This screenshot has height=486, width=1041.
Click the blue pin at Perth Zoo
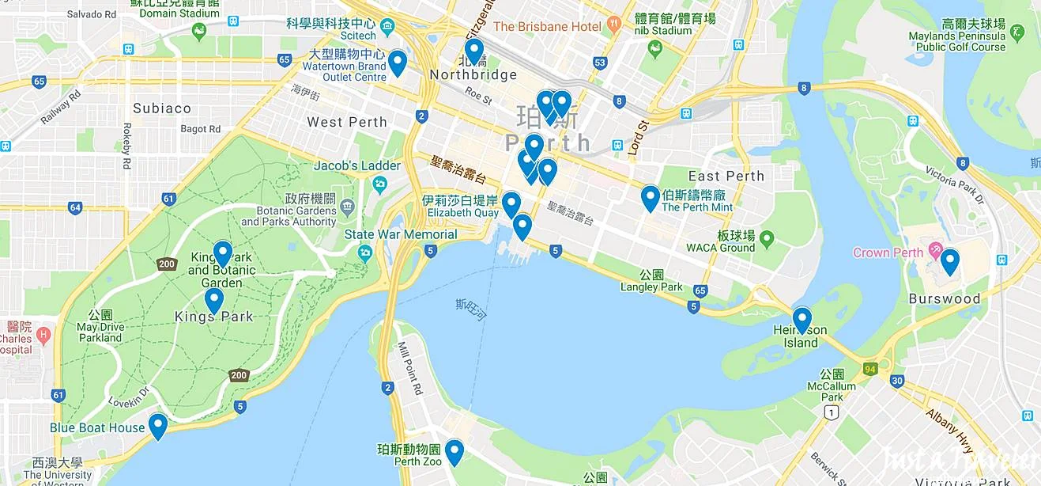coord(454,452)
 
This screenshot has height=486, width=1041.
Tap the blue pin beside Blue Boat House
coord(158,426)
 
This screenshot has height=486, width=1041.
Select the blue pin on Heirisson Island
coord(802,320)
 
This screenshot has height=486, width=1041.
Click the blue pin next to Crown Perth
coord(949,261)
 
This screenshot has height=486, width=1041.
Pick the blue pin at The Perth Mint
coord(650,198)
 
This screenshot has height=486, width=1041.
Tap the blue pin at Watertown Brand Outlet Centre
coord(398,63)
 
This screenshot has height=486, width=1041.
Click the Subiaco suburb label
coord(162,108)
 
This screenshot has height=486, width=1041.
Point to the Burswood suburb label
coord(945,299)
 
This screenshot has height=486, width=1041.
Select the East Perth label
coord(726,177)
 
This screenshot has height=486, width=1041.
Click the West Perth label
coord(347,122)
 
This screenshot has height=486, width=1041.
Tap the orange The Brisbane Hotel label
coord(547,27)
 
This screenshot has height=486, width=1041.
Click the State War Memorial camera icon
coord(364,252)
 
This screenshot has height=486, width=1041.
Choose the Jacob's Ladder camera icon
coord(380,184)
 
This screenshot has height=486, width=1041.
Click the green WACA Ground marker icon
coord(766,239)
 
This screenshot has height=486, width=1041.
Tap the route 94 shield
coord(871,369)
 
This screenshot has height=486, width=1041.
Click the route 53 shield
coord(601,63)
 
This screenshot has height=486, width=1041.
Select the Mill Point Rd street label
coord(411,370)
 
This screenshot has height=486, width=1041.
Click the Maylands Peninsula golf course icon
coord(1017,33)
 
